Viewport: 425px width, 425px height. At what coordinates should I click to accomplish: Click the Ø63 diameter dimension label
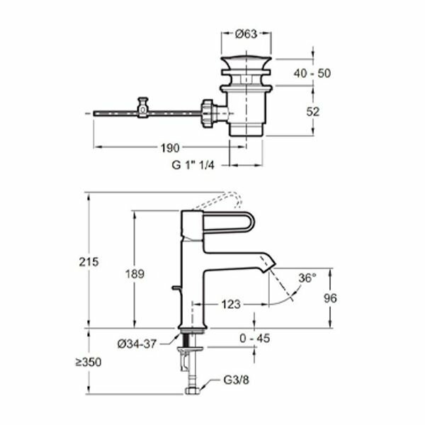[x=245, y=33]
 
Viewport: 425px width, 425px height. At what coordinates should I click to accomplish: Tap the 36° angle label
[x=307, y=278]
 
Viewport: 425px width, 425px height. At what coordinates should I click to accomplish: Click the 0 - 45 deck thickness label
[x=255, y=339]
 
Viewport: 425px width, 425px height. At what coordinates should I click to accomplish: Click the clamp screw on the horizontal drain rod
[x=143, y=108]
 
